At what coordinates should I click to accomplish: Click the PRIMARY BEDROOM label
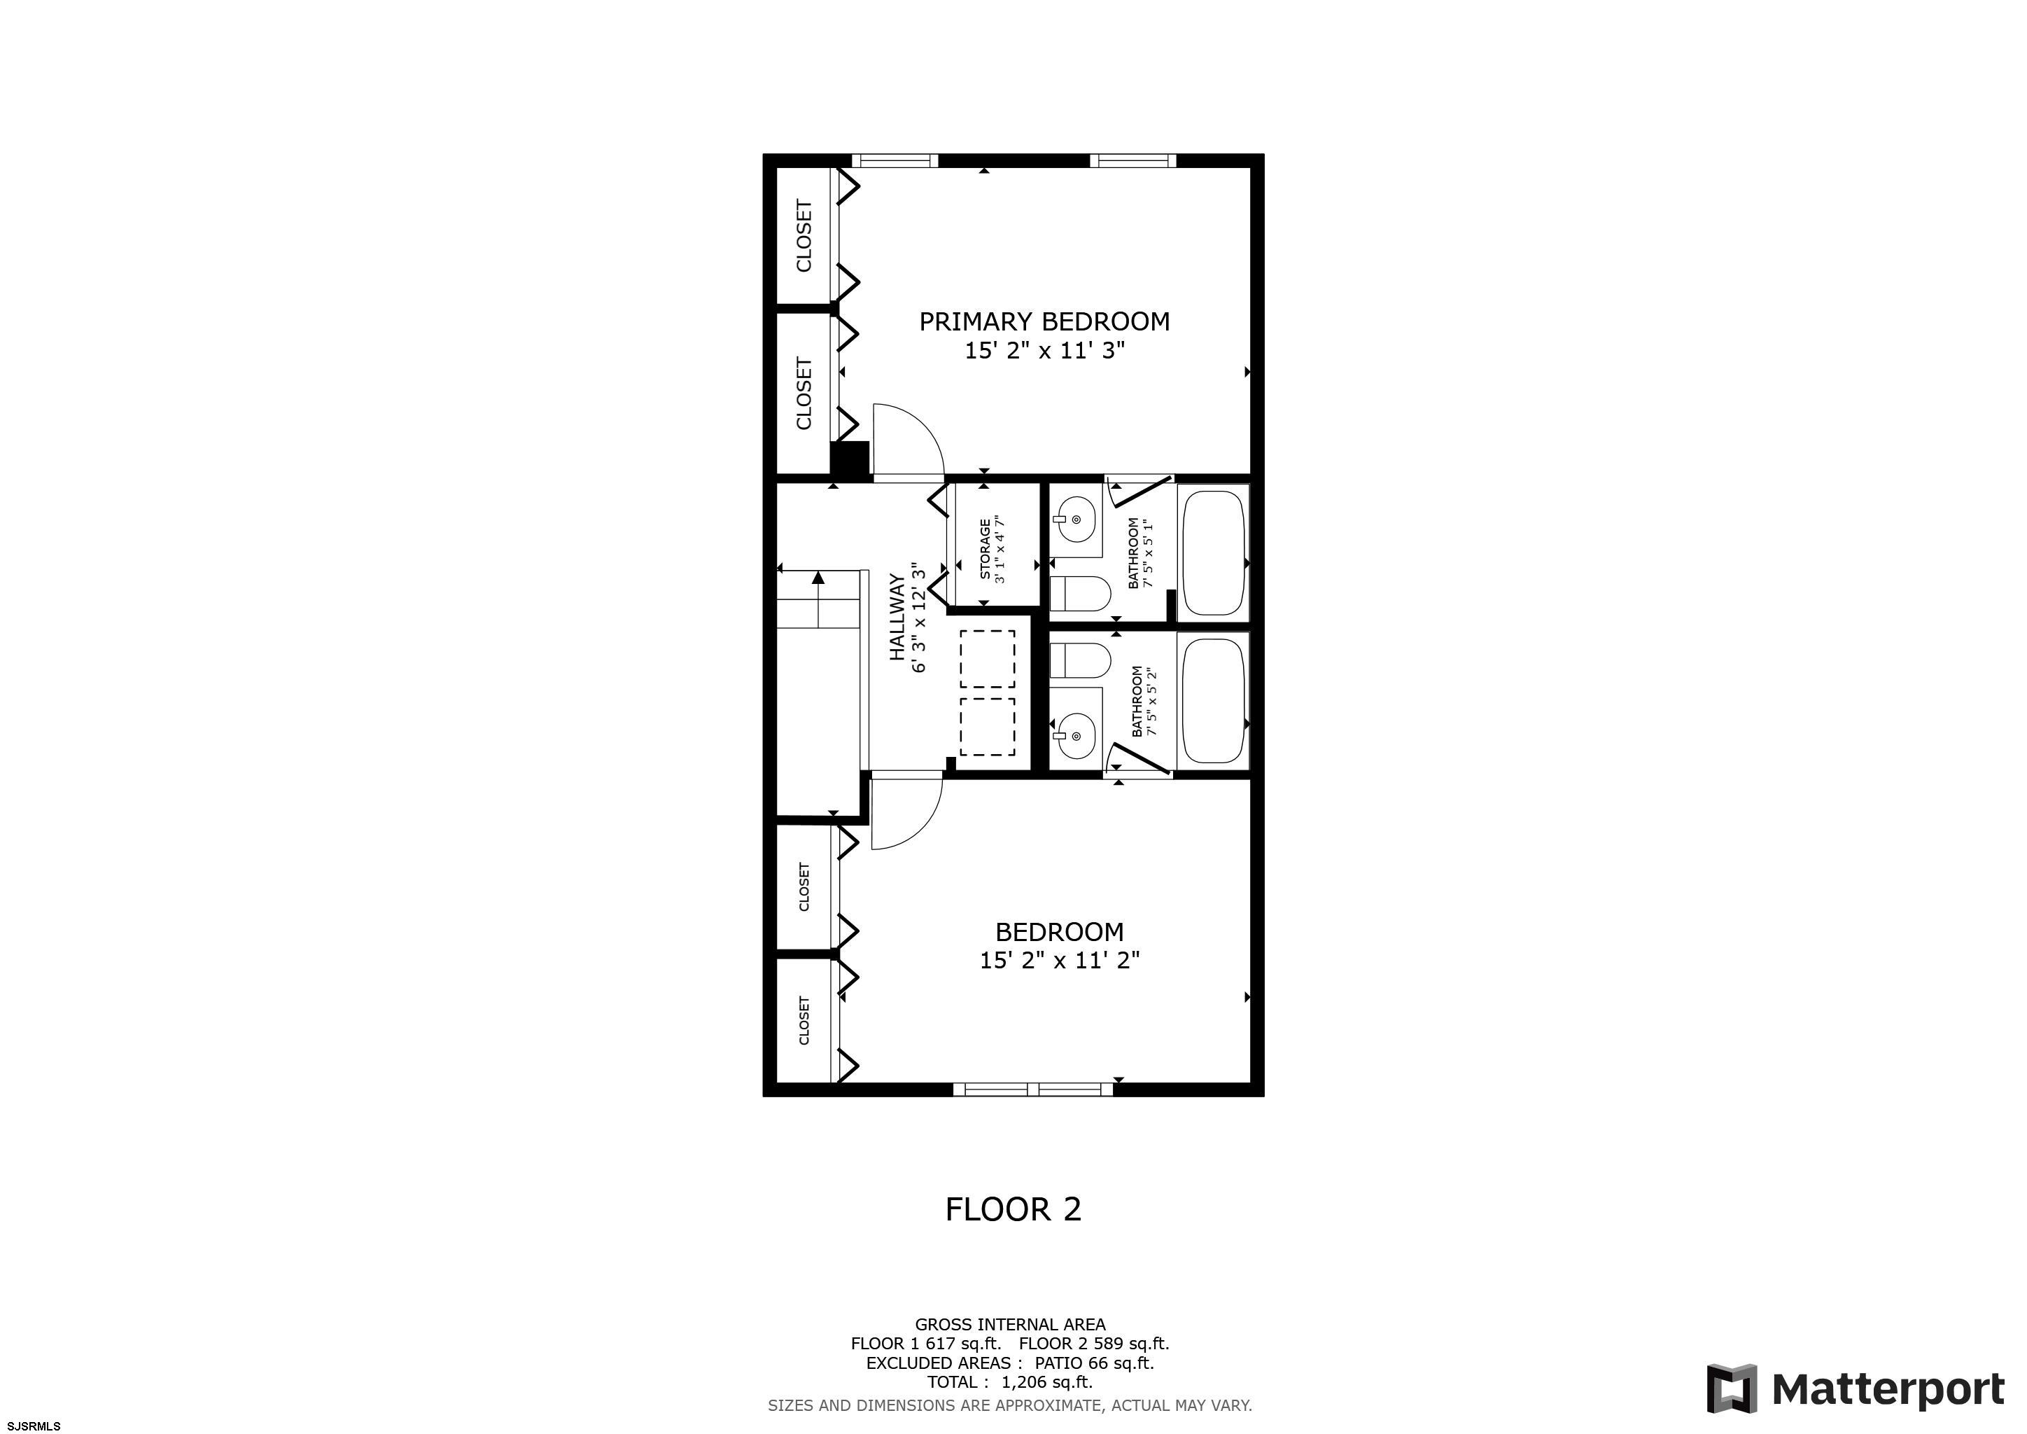pyautogui.click(x=1044, y=321)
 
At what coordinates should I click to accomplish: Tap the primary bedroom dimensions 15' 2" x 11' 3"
pyautogui.click(x=1044, y=351)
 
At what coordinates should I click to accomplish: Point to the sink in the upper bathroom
pyautogui.click(x=1074, y=520)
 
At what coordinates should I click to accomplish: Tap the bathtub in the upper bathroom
pyautogui.click(x=1213, y=554)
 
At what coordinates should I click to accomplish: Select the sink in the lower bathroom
pyautogui.click(x=1074, y=735)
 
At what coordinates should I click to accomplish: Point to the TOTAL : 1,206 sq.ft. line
pyautogui.click(x=1010, y=1382)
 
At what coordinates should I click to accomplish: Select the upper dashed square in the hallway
pyautogui.click(x=987, y=659)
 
